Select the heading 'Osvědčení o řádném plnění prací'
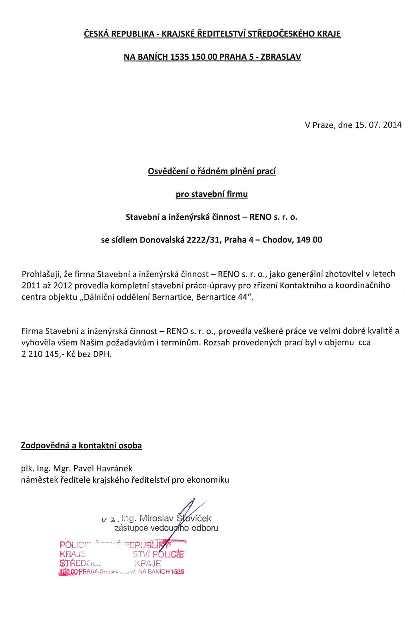[x=212, y=171]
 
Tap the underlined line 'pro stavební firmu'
[x=212, y=194]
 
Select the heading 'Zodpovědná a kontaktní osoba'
[x=81, y=445]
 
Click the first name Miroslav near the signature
[x=156, y=518]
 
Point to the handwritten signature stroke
[x=187, y=514]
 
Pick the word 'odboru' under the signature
[x=205, y=528]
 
